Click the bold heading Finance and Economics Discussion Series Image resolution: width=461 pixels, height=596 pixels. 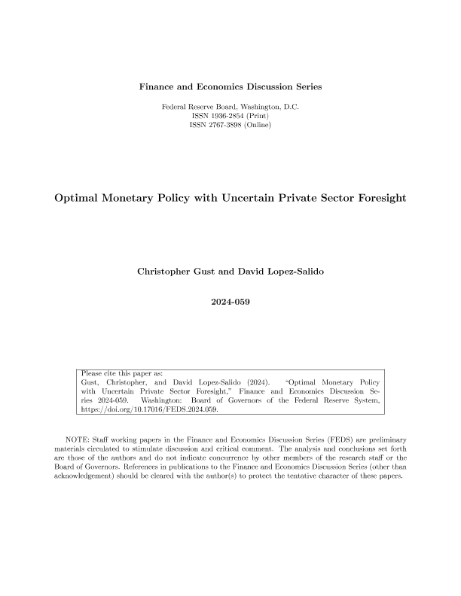click(x=230, y=87)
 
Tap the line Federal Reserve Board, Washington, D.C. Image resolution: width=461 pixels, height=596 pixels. click(x=230, y=106)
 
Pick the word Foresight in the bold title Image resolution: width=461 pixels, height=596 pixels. click(x=377, y=199)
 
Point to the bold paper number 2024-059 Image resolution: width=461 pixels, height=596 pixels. click(x=230, y=303)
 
